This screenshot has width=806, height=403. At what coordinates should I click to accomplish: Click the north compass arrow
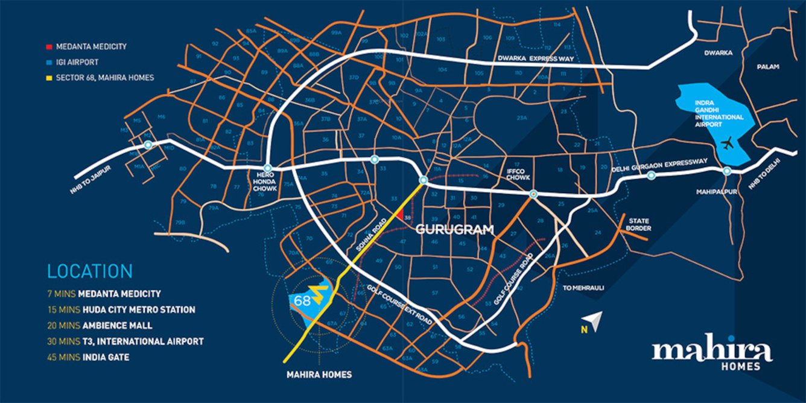pyautogui.click(x=595, y=322)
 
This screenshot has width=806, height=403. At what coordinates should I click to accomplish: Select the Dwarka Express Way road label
pyautogui.click(x=535, y=59)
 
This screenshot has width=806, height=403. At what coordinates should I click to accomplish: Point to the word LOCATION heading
pyautogui.click(x=90, y=271)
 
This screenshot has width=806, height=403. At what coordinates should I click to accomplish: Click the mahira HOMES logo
pyautogui.click(x=712, y=354)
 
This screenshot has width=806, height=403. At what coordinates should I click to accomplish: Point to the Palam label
pyautogui.click(x=769, y=66)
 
